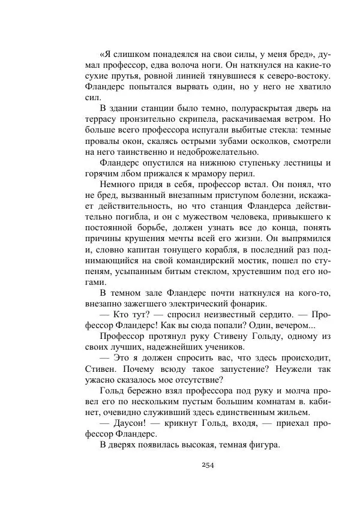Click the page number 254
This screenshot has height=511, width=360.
click(208, 465)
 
